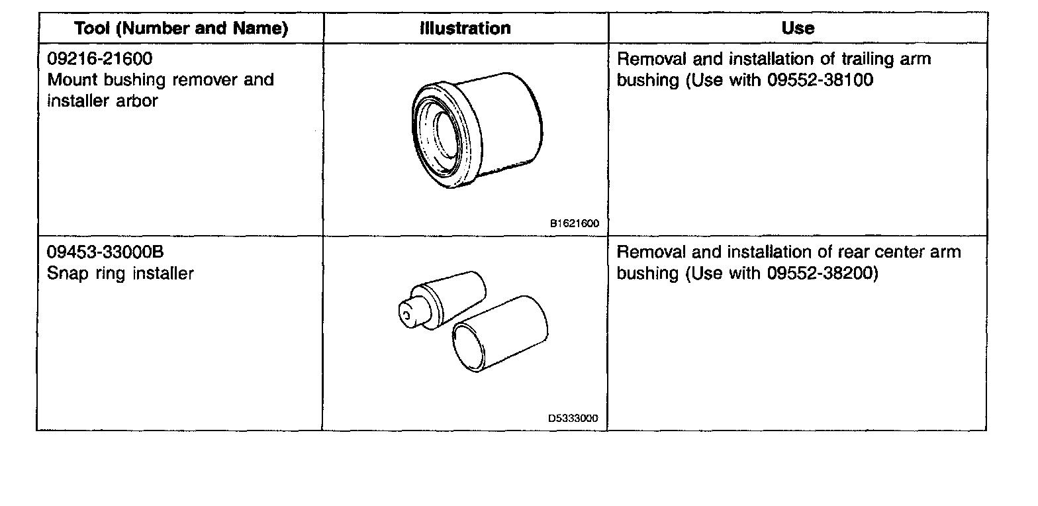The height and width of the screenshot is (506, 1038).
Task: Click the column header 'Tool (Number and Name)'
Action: (181, 28)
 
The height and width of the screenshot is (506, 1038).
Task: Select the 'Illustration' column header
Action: (465, 28)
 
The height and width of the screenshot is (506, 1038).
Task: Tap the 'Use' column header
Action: (798, 28)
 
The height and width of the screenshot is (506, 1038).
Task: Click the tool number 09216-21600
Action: (100, 59)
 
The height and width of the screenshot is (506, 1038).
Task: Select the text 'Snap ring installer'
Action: (120, 273)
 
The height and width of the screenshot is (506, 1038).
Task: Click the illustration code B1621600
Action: (574, 224)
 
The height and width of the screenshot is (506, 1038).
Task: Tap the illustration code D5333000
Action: (573, 419)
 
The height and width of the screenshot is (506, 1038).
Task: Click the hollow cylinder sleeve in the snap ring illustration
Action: (500, 334)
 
